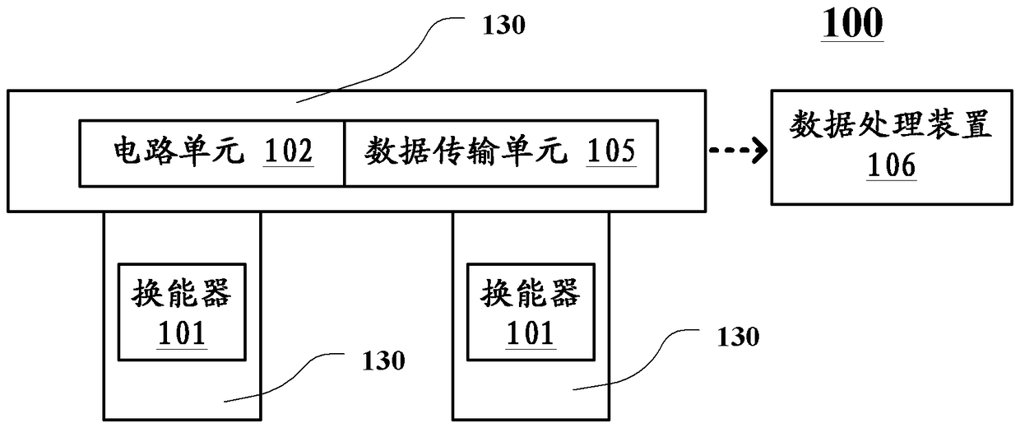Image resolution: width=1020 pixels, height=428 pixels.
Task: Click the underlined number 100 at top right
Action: pos(852,24)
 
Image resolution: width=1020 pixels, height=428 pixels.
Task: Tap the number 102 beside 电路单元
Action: pos(288,151)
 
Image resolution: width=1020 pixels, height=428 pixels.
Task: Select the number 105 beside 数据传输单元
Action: pos(611,151)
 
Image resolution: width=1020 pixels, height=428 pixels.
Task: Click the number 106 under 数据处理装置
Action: pos(891,165)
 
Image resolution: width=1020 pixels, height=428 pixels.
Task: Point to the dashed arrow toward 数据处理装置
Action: pos(738,150)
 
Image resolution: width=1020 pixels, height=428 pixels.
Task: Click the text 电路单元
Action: pos(178,151)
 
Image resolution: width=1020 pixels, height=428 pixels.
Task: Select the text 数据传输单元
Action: pos(466,151)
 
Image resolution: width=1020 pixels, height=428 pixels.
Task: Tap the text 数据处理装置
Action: pos(891,124)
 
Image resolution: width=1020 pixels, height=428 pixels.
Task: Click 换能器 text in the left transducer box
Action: pos(182,293)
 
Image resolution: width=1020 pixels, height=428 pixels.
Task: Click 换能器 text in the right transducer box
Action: pos(531,293)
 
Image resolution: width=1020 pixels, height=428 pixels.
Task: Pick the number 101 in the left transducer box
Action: pos(182,333)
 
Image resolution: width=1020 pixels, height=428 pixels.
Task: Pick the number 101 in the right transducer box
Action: pos(531,333)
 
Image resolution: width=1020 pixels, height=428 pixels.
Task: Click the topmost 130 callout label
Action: pos(503,25)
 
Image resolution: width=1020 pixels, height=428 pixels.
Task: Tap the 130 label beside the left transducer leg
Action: pos(383,361)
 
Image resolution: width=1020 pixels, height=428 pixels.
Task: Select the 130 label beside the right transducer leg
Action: pos(738,337)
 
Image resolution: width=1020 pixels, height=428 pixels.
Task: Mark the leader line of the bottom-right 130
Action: pos(647,365)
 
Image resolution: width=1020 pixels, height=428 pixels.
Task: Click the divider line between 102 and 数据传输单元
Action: pos(344,153)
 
